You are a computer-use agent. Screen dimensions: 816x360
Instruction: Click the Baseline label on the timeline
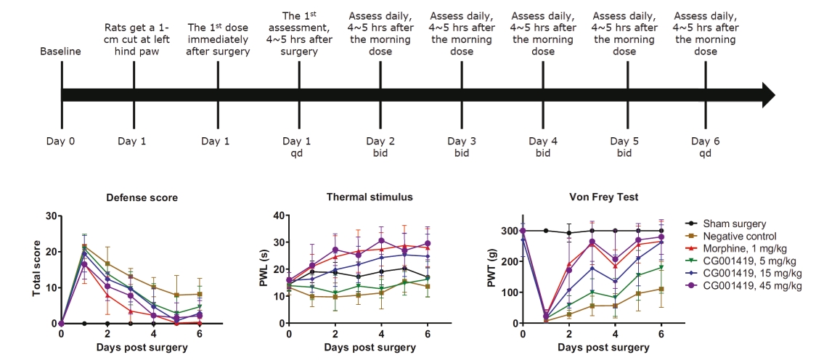(x=61, y=52)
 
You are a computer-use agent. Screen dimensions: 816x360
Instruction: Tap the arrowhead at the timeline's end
(x=769, y=95)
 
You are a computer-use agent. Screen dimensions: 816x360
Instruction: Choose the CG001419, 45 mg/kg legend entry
(x=747, y=286)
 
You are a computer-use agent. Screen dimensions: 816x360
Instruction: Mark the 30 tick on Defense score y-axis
(x=50, y=216)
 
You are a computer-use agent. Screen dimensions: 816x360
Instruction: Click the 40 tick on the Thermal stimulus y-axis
(x=279, y=216)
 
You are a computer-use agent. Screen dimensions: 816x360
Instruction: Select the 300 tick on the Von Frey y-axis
(x=508, y=231)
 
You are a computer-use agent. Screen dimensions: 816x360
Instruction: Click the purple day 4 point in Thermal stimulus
(x=381, y=241)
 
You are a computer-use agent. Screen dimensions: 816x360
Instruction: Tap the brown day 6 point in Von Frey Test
(x=661, y=289)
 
